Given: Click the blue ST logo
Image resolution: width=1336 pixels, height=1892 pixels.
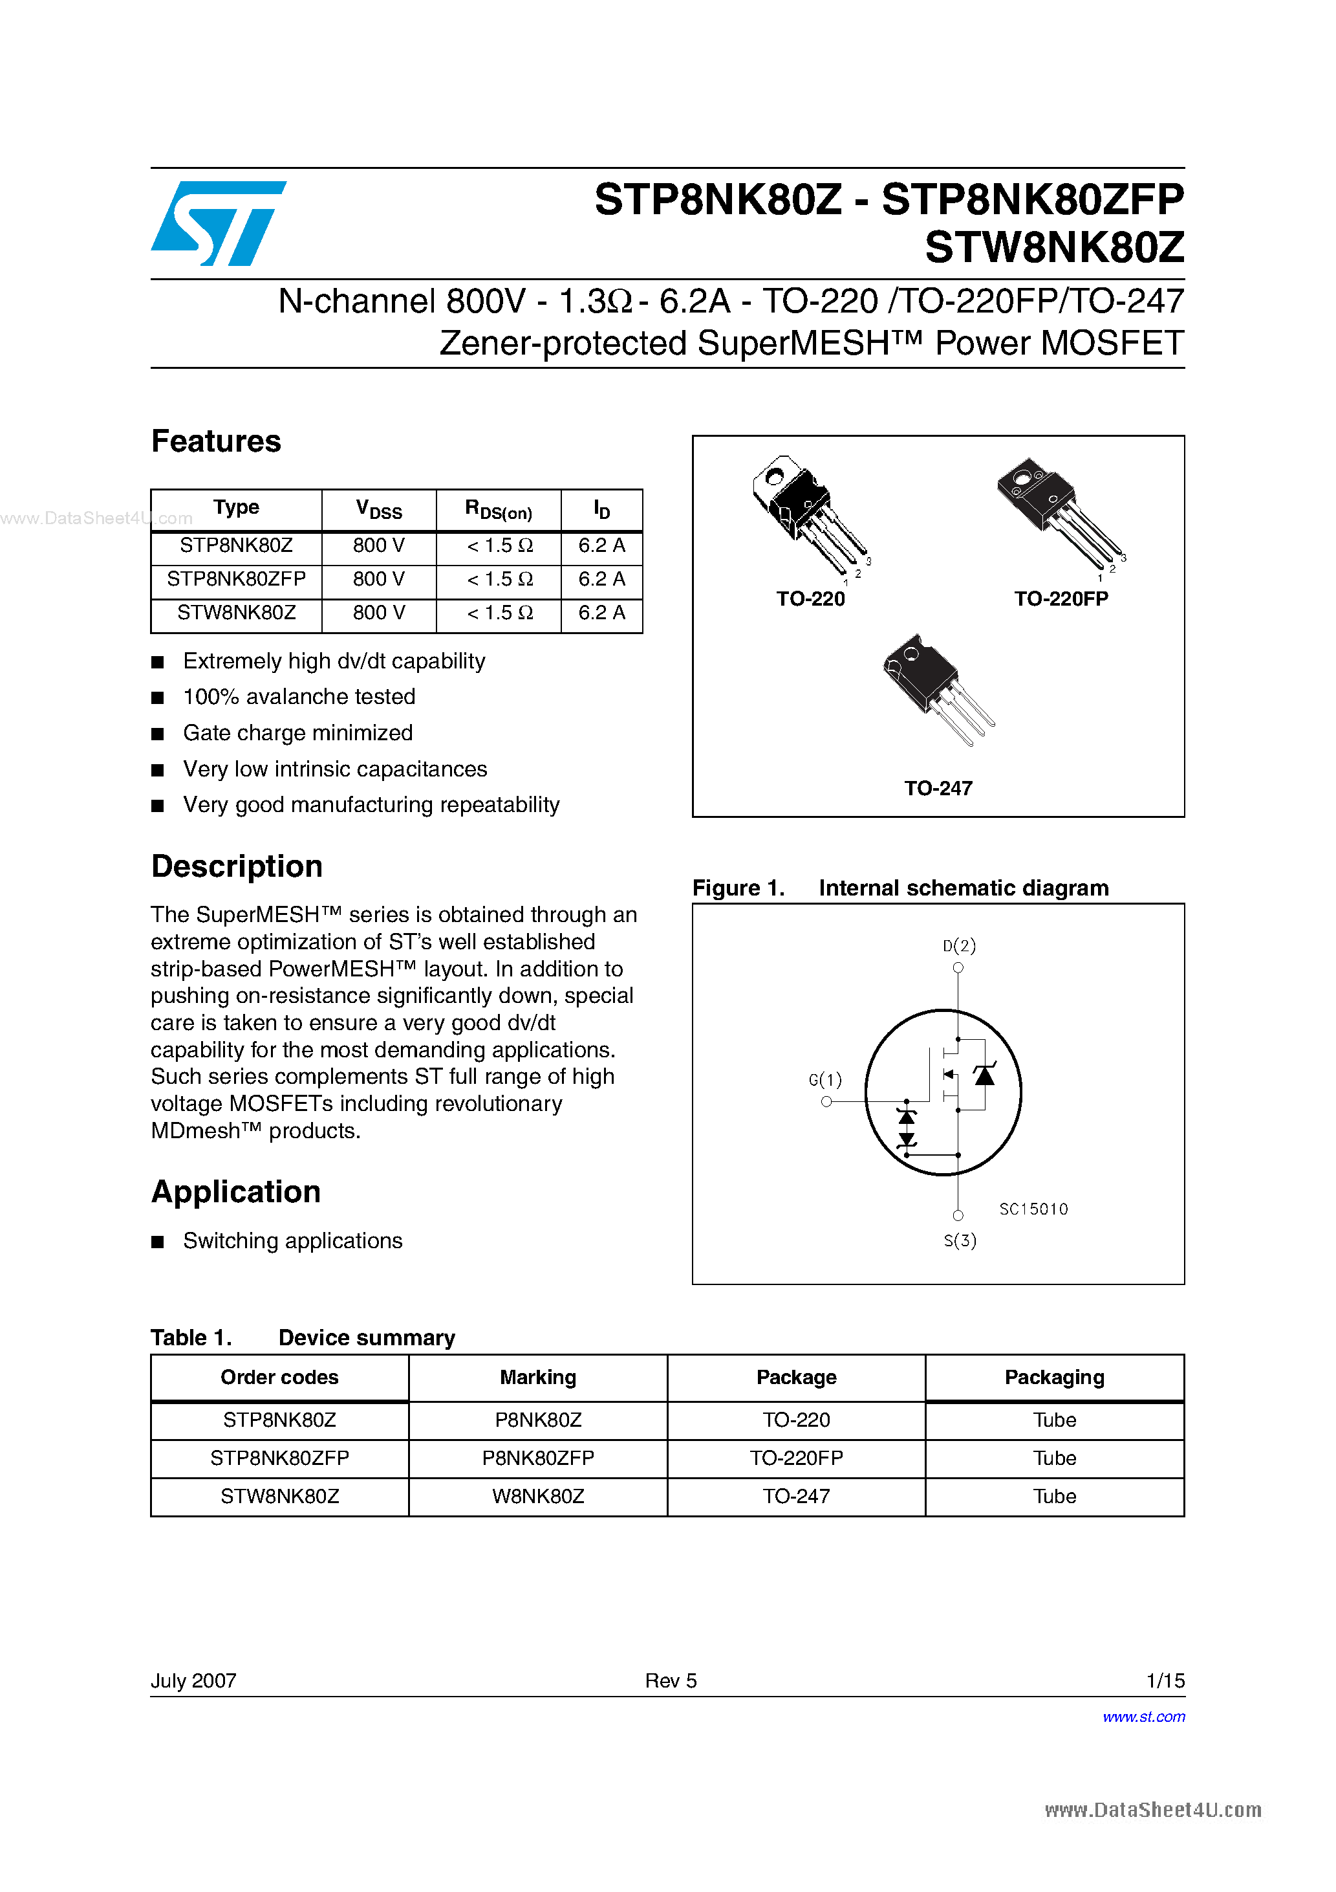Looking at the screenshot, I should coord(219,223).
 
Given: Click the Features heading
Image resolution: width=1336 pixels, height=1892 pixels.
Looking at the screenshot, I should coord(216,442).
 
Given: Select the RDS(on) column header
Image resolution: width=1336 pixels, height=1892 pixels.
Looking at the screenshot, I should coord(499,509).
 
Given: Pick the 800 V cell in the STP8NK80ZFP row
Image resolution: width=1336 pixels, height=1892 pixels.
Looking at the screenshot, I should coord(378,579).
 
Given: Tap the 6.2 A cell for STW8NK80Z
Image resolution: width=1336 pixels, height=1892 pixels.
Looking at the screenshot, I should coord(601,613).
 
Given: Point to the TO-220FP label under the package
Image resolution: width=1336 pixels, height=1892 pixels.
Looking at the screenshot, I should coord(1061,599).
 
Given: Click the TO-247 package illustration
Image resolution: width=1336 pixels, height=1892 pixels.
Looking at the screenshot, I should coord(936,687).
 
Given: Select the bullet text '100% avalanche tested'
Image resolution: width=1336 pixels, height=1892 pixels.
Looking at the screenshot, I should coord(299,697).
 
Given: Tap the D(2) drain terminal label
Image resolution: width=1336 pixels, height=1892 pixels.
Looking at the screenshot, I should coord(959,946).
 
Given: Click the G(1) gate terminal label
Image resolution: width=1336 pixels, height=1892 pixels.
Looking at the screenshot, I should coord(824,1079).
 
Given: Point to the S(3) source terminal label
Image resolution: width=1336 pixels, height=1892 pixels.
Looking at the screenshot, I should coord(960,1241).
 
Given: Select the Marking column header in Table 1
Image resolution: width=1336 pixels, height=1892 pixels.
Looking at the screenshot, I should coord(538,1378).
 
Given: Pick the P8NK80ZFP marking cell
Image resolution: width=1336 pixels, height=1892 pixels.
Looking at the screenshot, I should coord(538,1458).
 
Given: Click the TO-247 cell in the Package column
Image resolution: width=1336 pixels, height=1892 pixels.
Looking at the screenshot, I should coord(795,1497).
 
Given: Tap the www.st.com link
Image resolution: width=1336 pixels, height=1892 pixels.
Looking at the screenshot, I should coord(1143,1717).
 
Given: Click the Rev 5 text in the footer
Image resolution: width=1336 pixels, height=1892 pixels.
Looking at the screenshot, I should coord(671,1681).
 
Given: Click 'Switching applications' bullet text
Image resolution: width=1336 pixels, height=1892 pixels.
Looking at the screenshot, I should coord(292,1242).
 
